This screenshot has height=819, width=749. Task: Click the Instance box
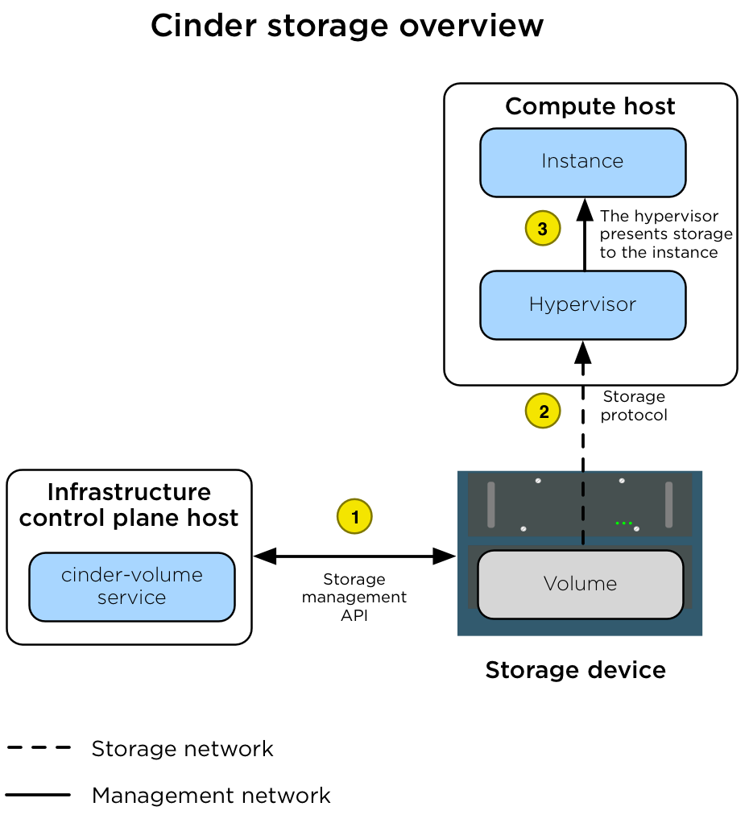582,162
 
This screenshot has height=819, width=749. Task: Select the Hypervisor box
582,305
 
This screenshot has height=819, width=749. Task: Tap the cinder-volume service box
132,586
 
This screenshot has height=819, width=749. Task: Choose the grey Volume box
580,584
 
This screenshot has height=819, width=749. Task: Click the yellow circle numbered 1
354,515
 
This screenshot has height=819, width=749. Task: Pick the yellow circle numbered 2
544,412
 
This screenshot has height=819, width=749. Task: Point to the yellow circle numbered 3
542,229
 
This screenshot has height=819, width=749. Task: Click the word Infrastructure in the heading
129,492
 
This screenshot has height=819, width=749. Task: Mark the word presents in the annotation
632,234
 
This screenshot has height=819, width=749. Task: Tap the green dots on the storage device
623,523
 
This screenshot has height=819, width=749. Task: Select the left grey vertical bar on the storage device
490,505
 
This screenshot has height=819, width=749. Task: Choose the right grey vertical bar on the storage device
668,505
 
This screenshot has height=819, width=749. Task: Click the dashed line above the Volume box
583,507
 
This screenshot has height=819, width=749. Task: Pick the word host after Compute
649,107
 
